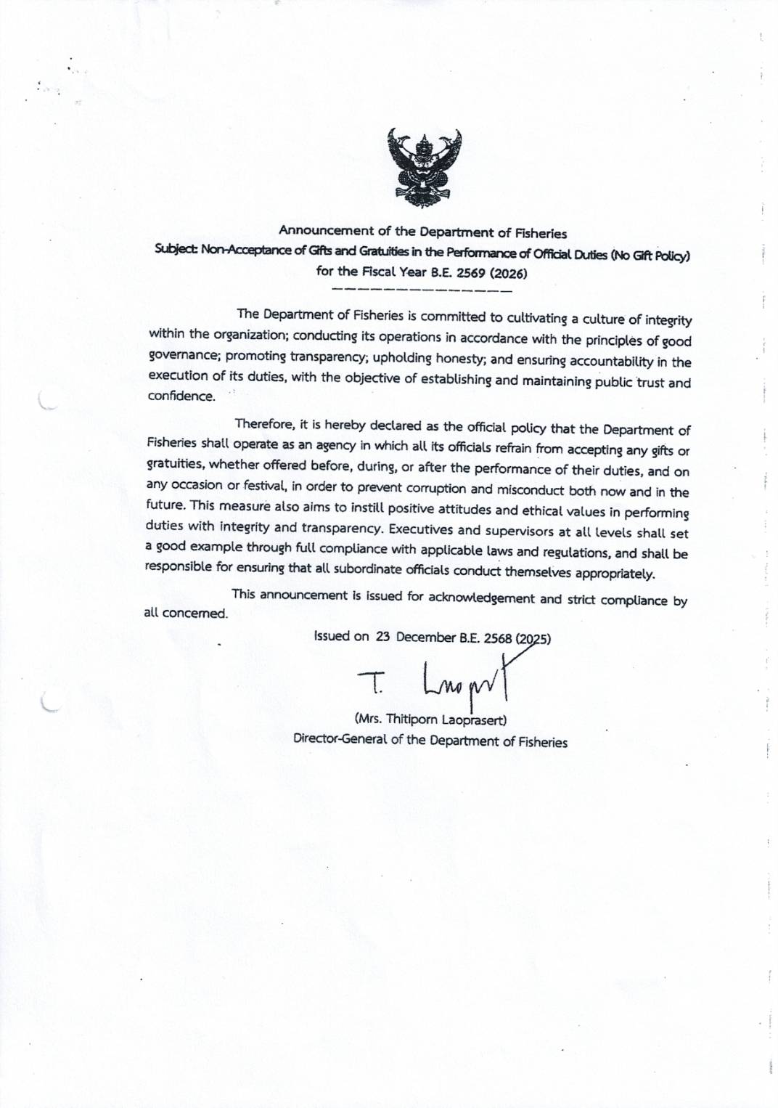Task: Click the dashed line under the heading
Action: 421,290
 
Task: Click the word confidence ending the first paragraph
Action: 181,396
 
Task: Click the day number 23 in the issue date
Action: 383,637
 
